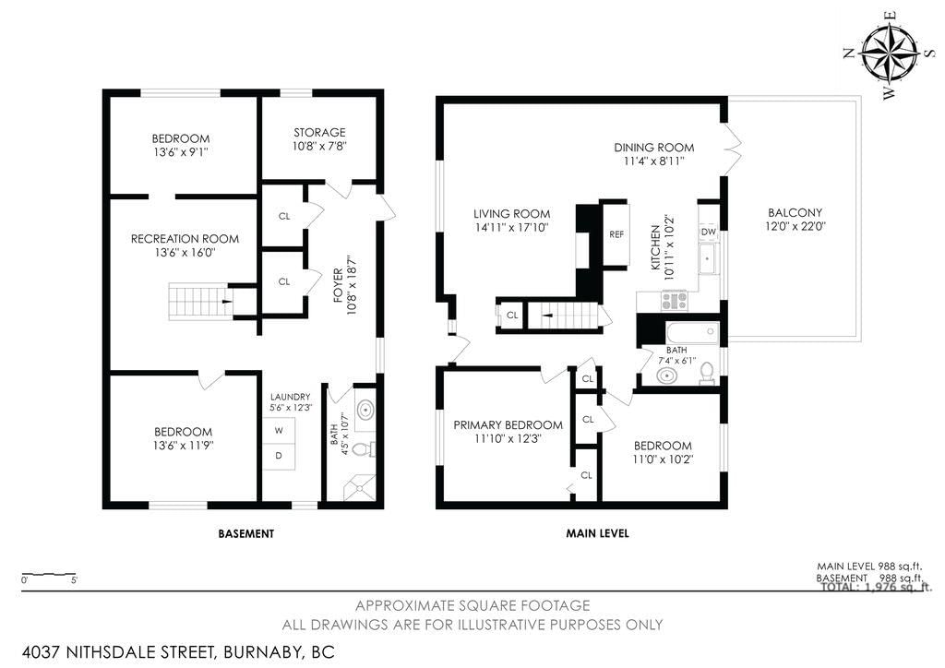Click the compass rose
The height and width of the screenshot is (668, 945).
pos(888,54)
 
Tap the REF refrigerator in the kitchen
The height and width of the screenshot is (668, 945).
pos(616,234)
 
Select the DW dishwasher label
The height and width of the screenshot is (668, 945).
pos(709,232)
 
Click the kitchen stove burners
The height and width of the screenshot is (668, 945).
pos(674,300)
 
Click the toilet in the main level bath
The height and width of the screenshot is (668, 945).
pos(707,374)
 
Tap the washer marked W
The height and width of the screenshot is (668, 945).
pos(279,430)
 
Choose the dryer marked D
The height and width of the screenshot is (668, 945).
pos(279,456)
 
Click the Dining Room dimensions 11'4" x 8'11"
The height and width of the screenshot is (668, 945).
pos(654,161)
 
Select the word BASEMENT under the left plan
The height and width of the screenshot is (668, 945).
pos(245,533)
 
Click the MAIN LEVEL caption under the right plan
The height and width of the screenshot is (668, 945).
pos(597,533)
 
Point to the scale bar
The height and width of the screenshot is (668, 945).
pos(49,574)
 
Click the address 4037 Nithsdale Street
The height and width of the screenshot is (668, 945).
pos(118,651)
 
